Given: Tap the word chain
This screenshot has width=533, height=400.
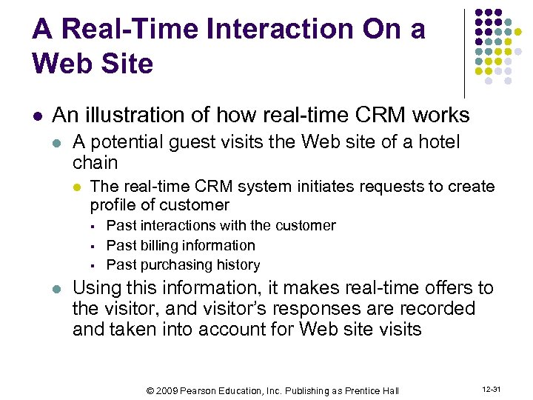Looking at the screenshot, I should point(95,161).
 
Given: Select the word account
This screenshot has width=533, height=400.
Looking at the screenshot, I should point(212,329).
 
